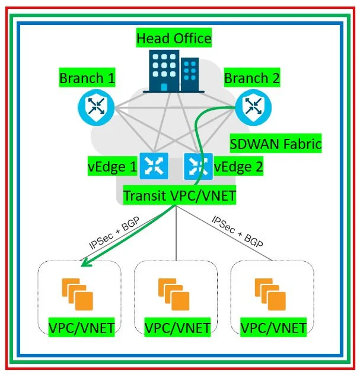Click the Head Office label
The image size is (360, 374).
[x=174, y=39]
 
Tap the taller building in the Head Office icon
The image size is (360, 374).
[x=164, y=71]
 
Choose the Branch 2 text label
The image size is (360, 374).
[x=251, y=78]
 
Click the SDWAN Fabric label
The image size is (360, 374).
[x=275, y=144]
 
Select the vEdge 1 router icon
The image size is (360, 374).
[x=154, y=166]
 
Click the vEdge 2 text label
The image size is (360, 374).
[x=238, y=167]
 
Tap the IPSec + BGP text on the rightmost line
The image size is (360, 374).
[x=238, y=232]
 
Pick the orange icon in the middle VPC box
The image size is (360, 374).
[x=174, y=293]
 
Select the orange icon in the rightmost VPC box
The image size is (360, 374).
[x=270, y=293]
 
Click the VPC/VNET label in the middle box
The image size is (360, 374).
[x=177, y=327]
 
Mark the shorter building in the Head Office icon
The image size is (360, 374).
[x=190, y=74]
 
